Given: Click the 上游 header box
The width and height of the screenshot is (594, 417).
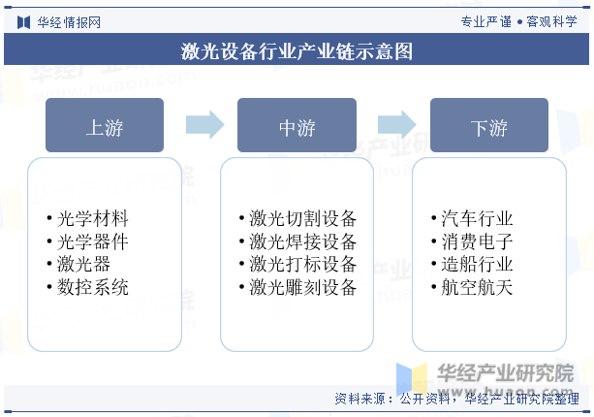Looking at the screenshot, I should coord(105,125).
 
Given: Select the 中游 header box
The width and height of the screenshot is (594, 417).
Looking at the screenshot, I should coord(297,125).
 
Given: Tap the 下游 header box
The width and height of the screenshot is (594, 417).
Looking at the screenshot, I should coord(488,125).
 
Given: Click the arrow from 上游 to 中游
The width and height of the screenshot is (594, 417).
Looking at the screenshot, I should coord(203,124).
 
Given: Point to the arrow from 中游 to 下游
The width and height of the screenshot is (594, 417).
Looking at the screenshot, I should coord(395,124).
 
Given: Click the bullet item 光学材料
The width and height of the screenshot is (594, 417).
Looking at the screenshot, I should coord(92,218).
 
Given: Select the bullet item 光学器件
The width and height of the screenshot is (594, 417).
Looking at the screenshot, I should coord(92,241).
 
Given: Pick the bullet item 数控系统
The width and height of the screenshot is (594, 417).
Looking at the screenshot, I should coord(92,287).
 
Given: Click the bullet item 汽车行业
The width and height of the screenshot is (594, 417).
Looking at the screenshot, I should coord(476,218).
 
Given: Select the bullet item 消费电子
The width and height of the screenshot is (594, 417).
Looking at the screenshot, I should coord(476,241).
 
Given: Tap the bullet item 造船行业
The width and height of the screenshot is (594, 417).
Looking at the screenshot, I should coord(476,264).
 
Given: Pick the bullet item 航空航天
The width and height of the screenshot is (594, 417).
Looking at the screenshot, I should coord(476,287).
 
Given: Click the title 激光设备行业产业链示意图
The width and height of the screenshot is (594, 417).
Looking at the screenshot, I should coord(297,51).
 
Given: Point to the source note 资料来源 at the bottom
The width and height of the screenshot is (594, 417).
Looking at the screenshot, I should coord(456,399).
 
